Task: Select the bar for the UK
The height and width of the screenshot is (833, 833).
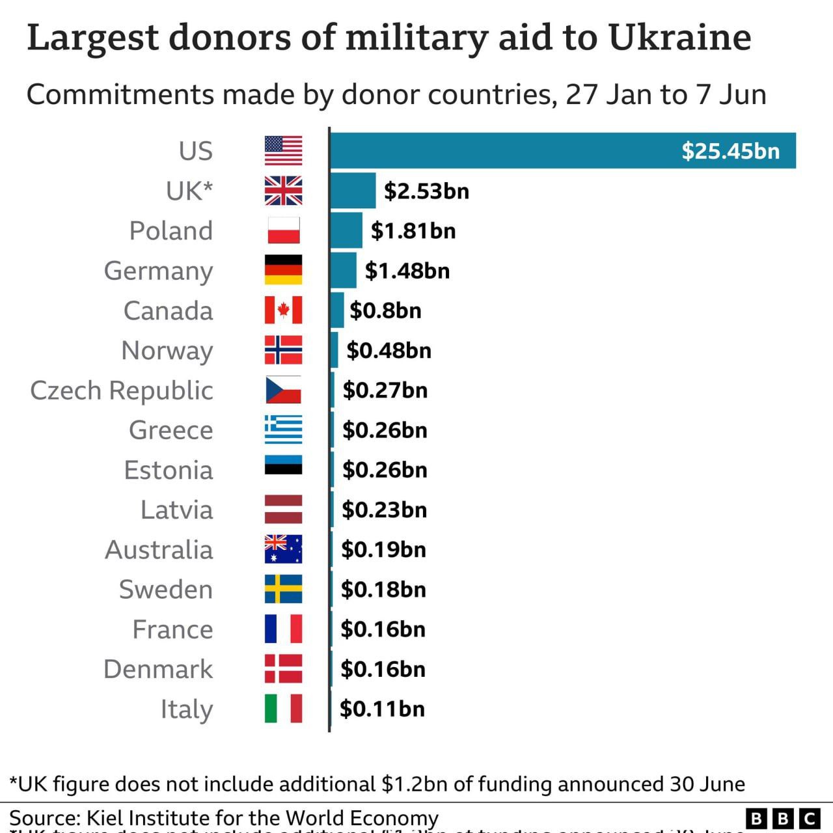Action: (353, 191)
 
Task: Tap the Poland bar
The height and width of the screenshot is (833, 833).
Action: (346, 230)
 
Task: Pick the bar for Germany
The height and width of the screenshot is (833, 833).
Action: (344, 270)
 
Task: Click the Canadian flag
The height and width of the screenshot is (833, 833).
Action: (283, 310)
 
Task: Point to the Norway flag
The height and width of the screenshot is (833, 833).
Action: (283, 350)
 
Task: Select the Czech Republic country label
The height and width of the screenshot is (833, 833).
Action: (122, 390)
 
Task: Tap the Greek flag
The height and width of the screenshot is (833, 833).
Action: (283, 430)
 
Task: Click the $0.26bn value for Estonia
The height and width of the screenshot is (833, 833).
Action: (385, 470)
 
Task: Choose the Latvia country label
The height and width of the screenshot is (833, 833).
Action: (176, 510)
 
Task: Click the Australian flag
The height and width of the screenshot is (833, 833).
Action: (283, 549)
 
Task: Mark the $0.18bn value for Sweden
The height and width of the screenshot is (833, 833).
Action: (383, 590)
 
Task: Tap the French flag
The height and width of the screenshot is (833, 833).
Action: (283, 629)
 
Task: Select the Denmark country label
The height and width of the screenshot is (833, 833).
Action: (158, 669)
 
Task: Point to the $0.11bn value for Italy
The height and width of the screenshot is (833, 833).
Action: (382, 709)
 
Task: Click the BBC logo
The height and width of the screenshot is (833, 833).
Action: (783, 817)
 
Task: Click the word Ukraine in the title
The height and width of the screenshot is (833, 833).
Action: (679, 37)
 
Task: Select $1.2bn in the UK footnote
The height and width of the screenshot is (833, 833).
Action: (414, 784)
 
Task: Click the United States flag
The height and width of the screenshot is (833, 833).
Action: (283, 150)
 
